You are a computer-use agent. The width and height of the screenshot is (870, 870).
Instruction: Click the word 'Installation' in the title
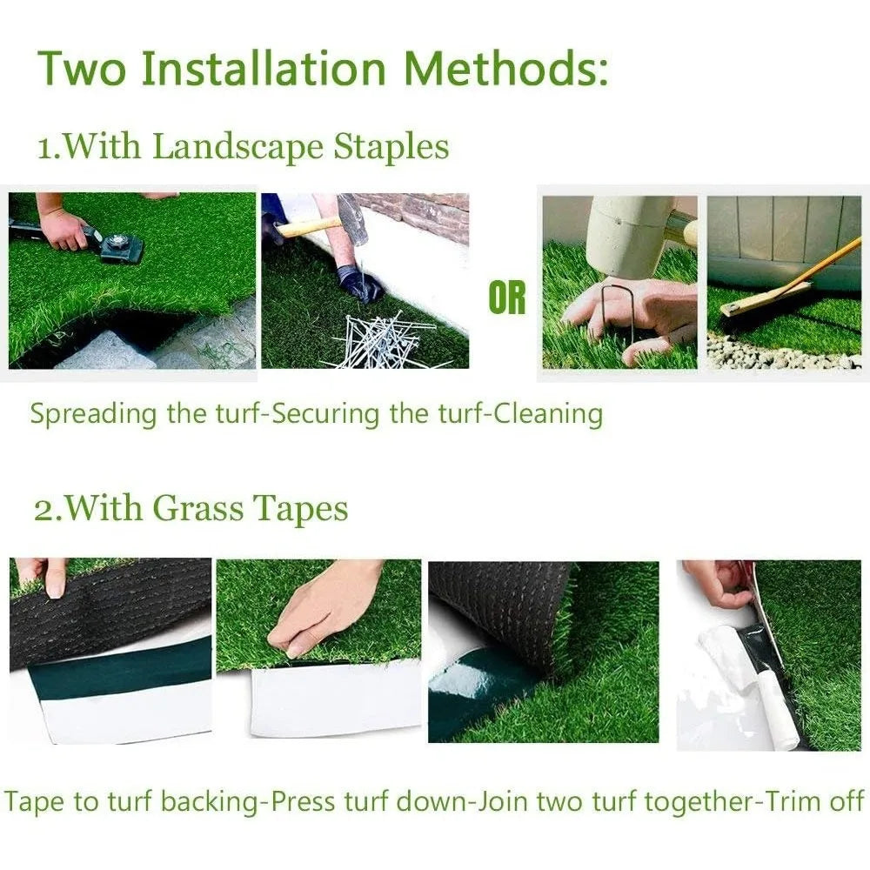(x=264, y=69)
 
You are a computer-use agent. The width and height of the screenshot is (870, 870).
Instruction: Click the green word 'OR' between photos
(x=507, y=298)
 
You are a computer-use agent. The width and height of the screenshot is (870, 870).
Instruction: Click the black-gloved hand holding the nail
(x=360, y=283)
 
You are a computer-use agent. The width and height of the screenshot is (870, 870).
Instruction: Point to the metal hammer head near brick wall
(x=352, y=217)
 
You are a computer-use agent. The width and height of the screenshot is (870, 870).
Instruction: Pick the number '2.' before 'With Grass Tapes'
(x=47, y=508)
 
